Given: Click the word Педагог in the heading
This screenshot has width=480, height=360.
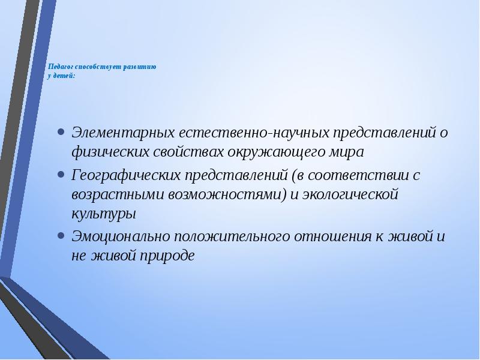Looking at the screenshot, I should [60, 67].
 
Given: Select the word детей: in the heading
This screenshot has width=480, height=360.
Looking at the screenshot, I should [65, 77].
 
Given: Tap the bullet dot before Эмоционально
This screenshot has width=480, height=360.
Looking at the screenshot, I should [61, 235].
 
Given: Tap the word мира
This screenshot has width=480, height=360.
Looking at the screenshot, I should [350, 152].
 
